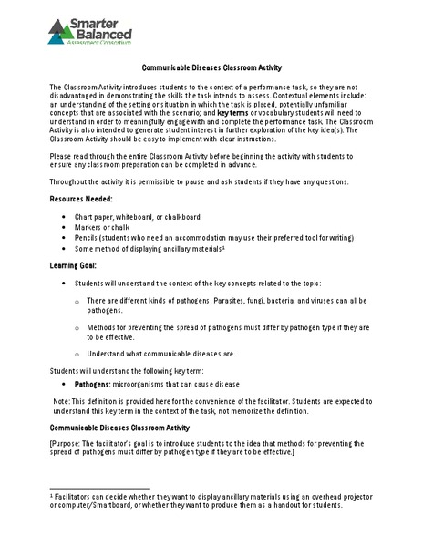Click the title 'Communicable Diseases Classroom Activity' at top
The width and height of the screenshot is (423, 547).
pyautogui.click(x=211, y=67)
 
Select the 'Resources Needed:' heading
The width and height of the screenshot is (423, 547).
pyautogui.click(x=81, y=198)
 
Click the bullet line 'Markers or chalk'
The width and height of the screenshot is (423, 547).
pyautogui.click(x=103, y=227)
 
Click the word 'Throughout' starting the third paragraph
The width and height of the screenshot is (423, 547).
pyautogui.click(x=69, y=181)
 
